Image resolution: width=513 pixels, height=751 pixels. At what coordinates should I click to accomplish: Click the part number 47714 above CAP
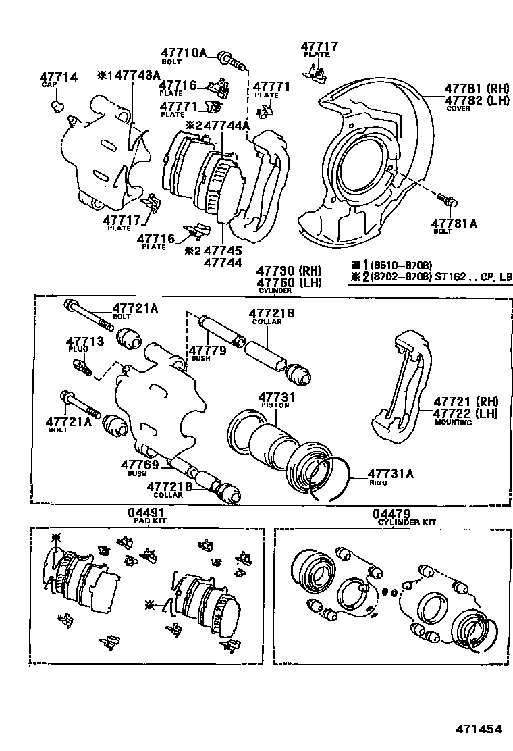[x=58, y=78]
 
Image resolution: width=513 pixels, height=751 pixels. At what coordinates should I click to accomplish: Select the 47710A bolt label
[x=183, y=53]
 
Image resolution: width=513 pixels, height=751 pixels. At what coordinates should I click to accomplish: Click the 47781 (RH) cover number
[x=477, y=88]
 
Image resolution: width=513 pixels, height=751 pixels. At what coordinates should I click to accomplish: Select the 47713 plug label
[x=84, y=342]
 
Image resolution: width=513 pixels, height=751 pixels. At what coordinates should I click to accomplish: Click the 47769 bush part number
[x=140, y=464]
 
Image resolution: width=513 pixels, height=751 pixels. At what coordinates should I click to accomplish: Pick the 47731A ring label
[x=391, y=473]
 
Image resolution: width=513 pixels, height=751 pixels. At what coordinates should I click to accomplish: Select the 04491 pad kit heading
[x=147, y=513]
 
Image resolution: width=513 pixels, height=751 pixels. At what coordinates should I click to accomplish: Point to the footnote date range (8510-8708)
[x=396, y=265]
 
